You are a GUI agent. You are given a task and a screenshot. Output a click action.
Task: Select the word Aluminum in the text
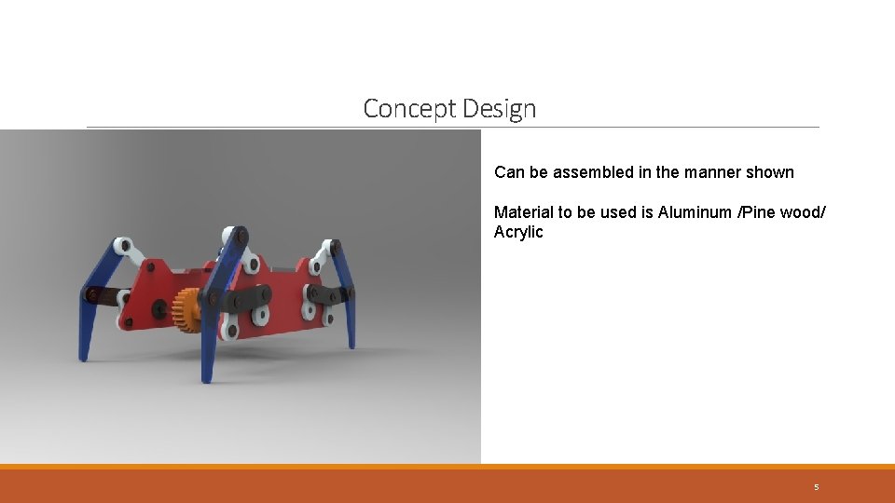695,212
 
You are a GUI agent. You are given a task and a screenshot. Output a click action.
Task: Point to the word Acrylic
518,232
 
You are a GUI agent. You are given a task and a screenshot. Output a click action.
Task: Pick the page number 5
816,487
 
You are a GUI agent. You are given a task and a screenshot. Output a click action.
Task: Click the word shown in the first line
771,172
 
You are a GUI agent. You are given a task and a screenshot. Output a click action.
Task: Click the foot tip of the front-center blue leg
206,378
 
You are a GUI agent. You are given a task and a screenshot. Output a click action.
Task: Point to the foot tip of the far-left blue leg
83,357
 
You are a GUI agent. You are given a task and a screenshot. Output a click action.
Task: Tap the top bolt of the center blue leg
241,237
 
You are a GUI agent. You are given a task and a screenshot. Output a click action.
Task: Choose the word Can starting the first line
509,172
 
